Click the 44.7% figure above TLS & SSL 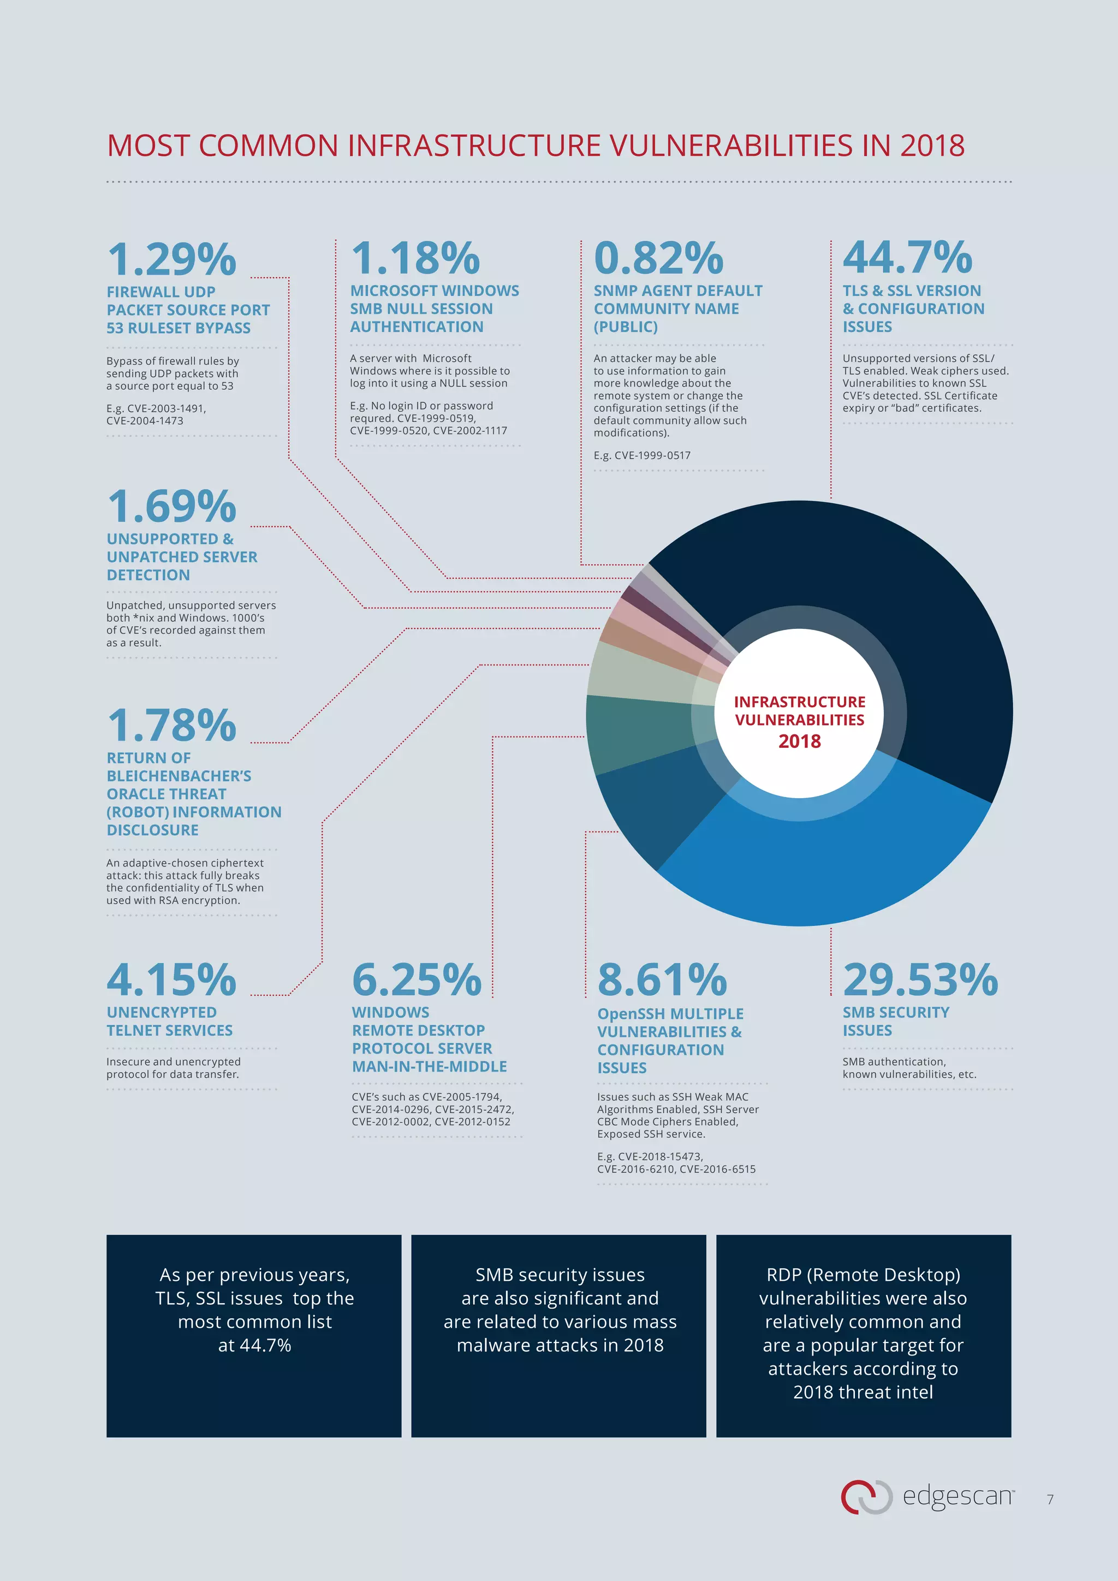pyautogui.click(x=907, y=258)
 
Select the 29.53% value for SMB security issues pyautogui.click(x=920, y=979)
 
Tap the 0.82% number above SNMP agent pyautogui.click(x=658, y=258)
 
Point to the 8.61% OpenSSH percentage pyautogui.click(x=662, y=979)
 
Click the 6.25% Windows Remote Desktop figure pyautogui.click(x=416, y=979)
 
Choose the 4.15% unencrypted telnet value pyautogui.click(x=171, y=979)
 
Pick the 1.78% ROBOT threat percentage pyautogui.click(x=171, y=725)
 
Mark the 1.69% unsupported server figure pyautogui.click(x=171, y=506)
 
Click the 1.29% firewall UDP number pyautogui.click(x=171, y=259)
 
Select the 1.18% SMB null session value pyautogui.click(x=415, y=258)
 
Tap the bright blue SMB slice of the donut pyautogui.click(x=826, y=867)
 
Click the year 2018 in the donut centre pyautogui.click(x=799, y=741)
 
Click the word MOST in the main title pyautogui.click(x=147, y=146)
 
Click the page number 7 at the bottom pyautogui.click(x=1050, y=1499)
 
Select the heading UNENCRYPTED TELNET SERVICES pyautogui.click(x=169, y=1021)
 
